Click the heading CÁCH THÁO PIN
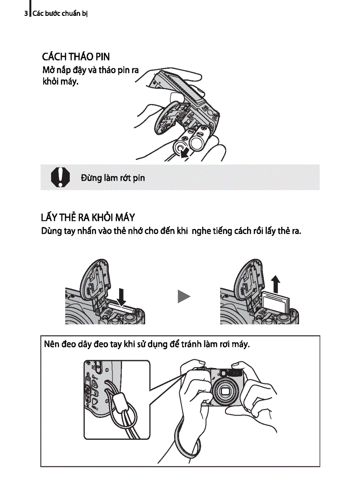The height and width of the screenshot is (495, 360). tap(76, 57)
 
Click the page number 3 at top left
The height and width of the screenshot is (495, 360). tap(26, 14)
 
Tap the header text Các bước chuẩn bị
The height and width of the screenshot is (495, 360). tap(60, 14)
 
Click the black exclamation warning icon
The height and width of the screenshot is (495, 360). tap(59, 177)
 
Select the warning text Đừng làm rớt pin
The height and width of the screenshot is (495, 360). tap(113, 178)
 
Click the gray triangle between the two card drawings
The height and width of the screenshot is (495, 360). tap(184, 296)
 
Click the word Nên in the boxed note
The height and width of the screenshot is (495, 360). tap(52, 344)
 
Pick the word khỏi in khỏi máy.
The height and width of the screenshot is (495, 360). tap(51, 82)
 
